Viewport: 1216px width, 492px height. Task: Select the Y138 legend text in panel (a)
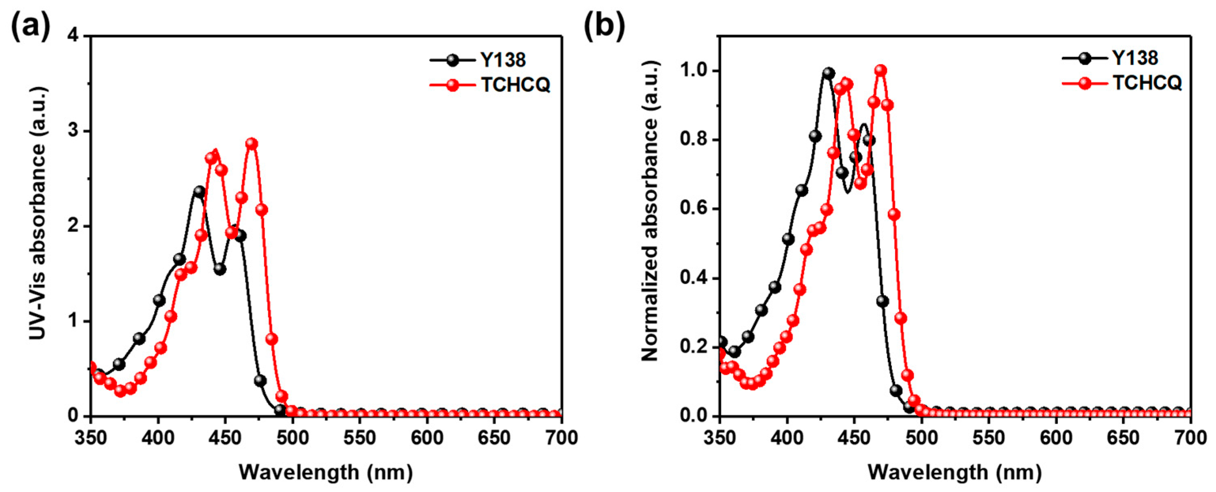[503, 60]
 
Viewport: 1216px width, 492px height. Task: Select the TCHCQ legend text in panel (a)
[516, 85]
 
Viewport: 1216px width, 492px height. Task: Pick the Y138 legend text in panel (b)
[1135, 58]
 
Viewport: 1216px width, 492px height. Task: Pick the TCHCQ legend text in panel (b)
[1147, 83]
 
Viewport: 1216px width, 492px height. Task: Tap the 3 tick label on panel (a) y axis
[73, 131]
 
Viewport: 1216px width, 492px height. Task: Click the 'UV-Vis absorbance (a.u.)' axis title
[38, 213]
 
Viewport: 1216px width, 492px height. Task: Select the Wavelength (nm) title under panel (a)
[326, 472]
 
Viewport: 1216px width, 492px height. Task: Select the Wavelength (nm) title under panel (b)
[955, 472]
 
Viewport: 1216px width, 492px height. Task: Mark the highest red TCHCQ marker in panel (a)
[252, 144]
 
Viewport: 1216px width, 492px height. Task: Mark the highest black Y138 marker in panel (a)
[199, 192]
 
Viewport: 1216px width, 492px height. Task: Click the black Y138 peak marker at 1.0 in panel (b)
[829, 73]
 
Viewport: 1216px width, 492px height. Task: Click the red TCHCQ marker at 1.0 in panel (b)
[880, 70]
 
